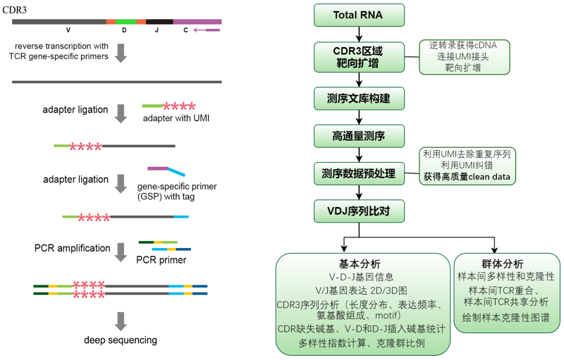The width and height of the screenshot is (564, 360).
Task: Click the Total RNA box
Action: (x=360, y=15)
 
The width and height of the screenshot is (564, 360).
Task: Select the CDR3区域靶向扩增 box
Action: (x=360, y=56)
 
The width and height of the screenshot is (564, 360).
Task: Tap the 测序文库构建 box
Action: (x=360, y=97)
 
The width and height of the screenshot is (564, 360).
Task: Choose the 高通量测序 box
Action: (x=360, y=134)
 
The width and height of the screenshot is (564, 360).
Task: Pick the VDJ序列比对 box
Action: (x=360, y=209)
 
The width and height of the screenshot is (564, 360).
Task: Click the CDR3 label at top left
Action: (x=16, y=8)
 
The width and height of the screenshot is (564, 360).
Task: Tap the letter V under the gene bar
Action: (x=68, y=32)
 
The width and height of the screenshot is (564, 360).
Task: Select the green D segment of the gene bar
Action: (x=125, y=22)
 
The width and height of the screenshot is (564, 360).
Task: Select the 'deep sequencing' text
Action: (x=121, y=340)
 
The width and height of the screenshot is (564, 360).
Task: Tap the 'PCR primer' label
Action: (x=161, y=260)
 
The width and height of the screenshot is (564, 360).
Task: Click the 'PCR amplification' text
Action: (x=72, y=248)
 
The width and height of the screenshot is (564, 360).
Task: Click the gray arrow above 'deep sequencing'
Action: (x=121, y=321)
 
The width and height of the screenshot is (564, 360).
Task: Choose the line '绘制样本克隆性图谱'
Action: (x=504, y=318)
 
